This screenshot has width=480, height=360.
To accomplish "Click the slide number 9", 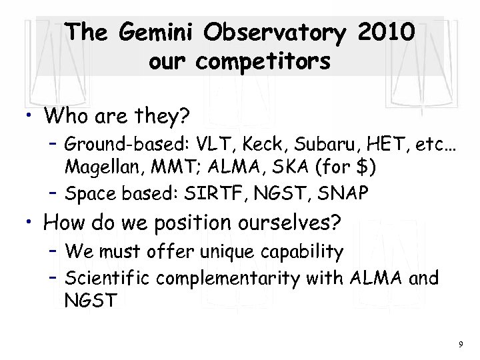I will pyautogui.click(x=460, y=345).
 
